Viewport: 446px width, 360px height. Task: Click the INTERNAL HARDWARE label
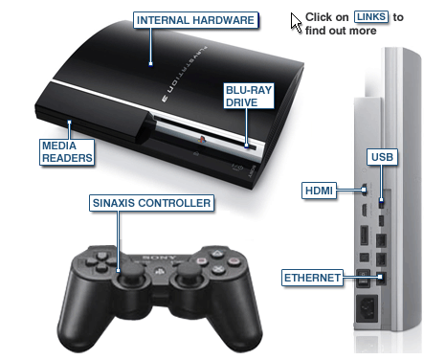tap(195, 20)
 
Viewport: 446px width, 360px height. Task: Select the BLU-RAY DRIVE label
tap(249, 96)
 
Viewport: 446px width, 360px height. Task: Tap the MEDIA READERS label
tap(67, 152)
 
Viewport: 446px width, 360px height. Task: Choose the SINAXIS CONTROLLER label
tap(151, 203)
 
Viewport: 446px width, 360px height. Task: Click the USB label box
tap(382, 157)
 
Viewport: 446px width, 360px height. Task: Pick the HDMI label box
tap(319, 191)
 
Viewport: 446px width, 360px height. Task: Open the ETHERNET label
tap(312, 278)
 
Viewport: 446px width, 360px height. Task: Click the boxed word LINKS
tap(371, 16)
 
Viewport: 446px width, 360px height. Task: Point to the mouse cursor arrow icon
tap(296, 22)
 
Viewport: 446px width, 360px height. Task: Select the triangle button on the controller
tap(217, 254)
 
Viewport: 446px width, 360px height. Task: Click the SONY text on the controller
tap(159, 258)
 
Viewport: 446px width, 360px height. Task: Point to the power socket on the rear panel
tap(367, 308)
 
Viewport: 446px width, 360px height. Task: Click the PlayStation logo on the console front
tap(202, 139)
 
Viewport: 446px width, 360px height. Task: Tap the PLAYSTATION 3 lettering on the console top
tap(185, 75)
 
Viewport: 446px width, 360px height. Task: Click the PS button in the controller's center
tap(160, 271)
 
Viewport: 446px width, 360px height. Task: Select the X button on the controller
tap(218, 270)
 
